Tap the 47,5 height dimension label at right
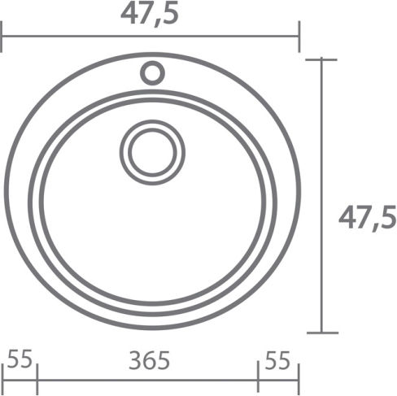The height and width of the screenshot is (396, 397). coord(367,218)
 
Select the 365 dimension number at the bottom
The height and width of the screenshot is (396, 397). coord(149,360)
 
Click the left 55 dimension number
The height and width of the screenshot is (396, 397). coord(20,359)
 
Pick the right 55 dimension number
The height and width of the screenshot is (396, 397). coord(277,360)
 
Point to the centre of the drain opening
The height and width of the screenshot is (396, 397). coord(153,152)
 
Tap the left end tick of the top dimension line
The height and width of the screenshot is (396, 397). coord(2,37)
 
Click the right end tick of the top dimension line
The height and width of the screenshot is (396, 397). coord(299,37)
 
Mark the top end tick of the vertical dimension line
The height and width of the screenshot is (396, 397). coord(321,59)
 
